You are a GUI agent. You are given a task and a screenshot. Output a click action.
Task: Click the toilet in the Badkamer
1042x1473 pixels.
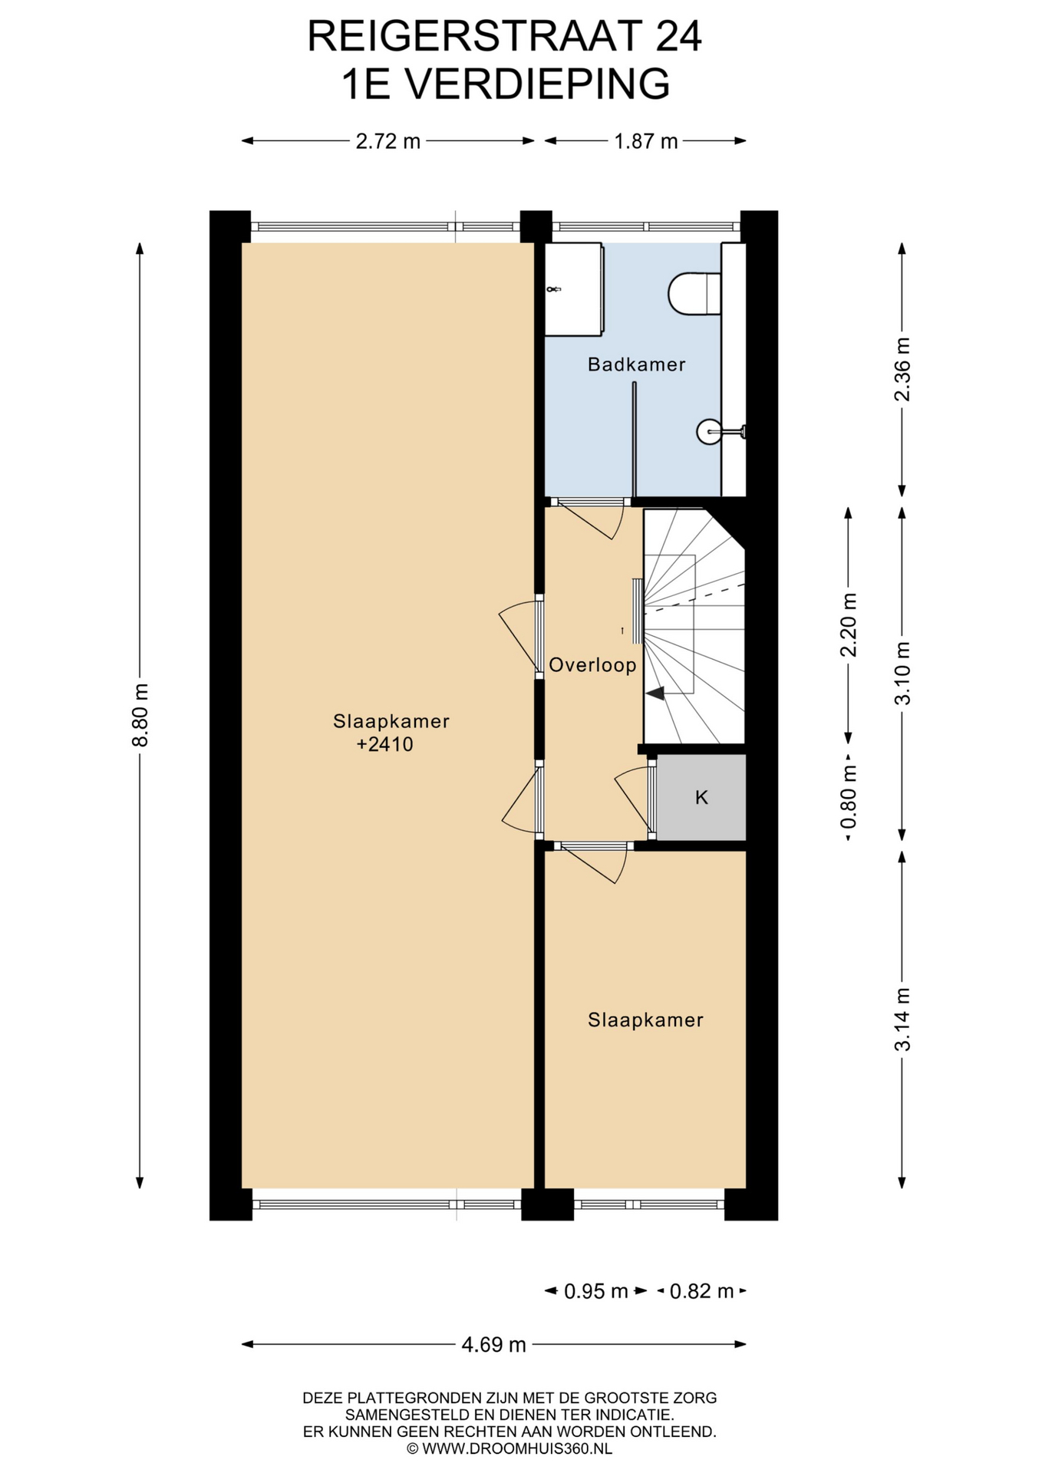pyautogui.click(x=695, y=293)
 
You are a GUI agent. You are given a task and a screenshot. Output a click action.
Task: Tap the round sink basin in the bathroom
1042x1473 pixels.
pyautogui.click(x=709, y=432)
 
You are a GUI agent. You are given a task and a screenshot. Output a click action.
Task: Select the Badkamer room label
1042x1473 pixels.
pyautogui.click(x=637, y=364)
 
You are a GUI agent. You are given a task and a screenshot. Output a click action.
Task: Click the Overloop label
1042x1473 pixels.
pyautogui.click(x=592, y=665)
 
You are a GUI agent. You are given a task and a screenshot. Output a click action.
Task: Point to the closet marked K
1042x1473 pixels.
pyautogui.click(x=701, y=798)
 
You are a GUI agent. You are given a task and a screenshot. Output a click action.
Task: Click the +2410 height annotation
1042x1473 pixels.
pyautogui.click(x=385, y=744)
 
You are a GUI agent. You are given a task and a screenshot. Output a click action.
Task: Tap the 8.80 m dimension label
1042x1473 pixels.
pyautogui.click(x=140, y=715)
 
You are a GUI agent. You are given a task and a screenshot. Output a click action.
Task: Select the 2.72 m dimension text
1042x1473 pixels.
pyautogui.click(x=388, y=141)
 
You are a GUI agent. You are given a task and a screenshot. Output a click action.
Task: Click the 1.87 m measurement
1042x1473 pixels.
pyautogui.click(x=646, y=141)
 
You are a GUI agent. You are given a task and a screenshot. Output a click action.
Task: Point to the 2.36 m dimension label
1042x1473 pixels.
pyautogui.click(x=902, y=369)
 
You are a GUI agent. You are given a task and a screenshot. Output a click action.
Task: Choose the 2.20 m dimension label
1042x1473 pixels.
pyautogui.click(x=849, y=625)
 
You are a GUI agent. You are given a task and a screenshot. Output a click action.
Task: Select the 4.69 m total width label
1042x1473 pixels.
pyautogui.click(x=494, y=1345)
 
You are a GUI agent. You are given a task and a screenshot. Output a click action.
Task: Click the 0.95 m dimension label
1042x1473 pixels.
pyautogui.click(x=596, y=1292)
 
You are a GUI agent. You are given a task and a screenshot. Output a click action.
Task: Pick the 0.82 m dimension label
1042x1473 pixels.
pyautogui.click(x=702, y=1292)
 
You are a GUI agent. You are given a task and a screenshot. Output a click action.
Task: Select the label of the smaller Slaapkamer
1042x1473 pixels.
pyautogui.click(x=646, y=1020)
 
